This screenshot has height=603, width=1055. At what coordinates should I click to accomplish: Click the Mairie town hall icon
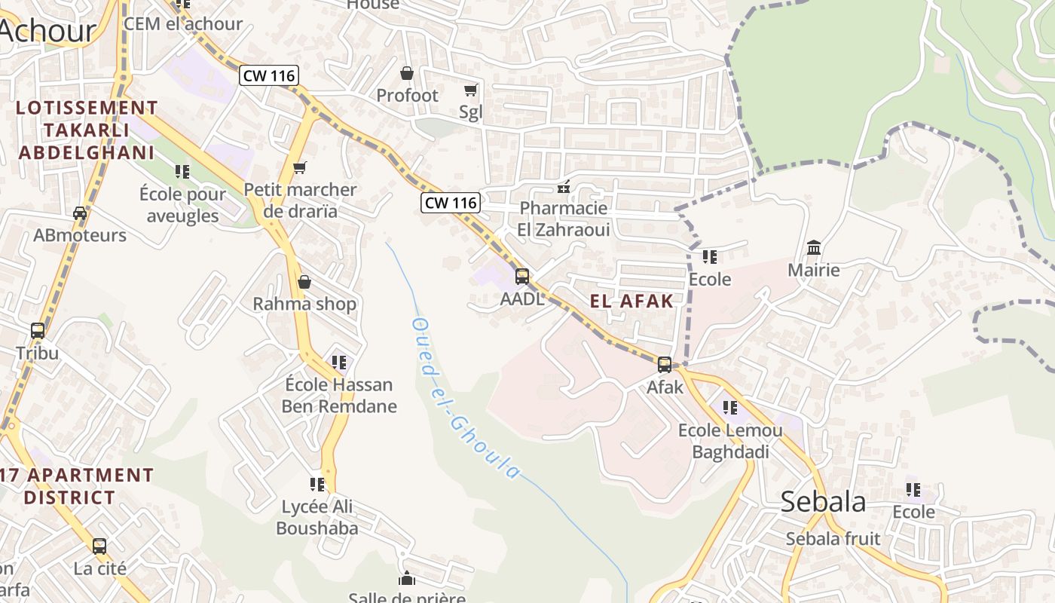pos(814,247)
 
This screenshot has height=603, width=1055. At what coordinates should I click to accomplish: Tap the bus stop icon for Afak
pos(665,365)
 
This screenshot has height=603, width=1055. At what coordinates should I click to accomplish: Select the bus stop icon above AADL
pos(522,277)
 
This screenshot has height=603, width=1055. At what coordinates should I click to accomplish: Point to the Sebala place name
pos(823,501)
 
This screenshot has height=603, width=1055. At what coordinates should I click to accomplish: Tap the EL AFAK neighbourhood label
pos(631,301)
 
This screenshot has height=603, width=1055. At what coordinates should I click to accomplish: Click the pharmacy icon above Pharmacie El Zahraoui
pos(563,186)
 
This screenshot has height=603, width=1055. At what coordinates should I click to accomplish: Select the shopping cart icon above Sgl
pos(471,90)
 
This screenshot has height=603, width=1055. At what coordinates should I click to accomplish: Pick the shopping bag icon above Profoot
pos(407,73)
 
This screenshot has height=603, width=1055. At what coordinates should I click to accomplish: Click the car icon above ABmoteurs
pos(80,213)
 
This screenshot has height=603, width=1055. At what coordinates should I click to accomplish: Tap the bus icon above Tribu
pos(38,330)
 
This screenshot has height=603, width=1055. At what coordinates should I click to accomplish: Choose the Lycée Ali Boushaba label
pos(317,517)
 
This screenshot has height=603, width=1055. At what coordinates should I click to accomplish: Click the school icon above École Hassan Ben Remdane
pos(339,363)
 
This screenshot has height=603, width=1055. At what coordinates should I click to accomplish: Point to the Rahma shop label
pos(304,304)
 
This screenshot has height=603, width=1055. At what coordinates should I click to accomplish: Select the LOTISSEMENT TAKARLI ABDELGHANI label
pos(86,130)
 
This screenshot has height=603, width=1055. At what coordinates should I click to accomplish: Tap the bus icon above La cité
pos(99,546)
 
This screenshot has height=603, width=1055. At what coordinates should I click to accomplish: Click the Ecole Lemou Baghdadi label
pos(730,441)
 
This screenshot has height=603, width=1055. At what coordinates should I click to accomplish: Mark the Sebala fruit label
pos(833,538)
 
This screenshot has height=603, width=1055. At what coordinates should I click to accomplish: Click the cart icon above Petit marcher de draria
pos(300,167)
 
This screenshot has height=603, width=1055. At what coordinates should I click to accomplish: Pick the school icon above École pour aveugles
pos(182,172)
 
